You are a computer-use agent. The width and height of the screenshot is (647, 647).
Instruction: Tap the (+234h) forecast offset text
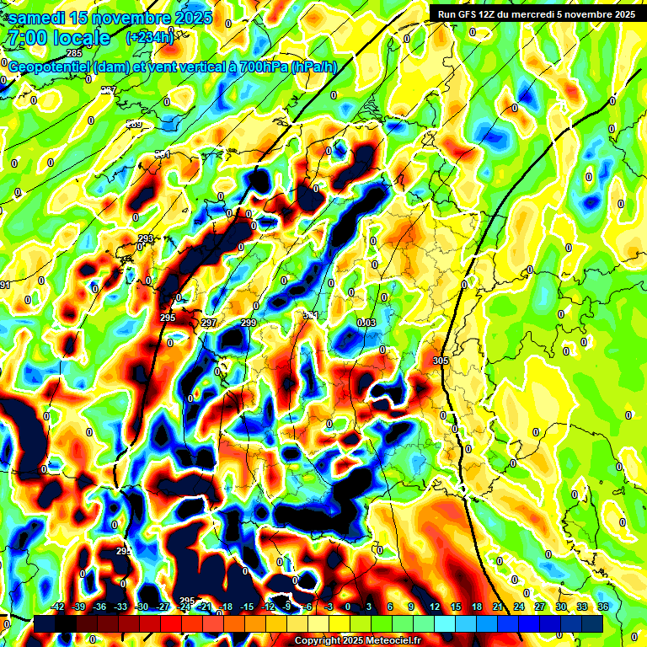149,37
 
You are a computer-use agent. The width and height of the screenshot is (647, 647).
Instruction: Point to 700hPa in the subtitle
259,67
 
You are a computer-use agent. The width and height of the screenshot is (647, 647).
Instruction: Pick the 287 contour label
109,90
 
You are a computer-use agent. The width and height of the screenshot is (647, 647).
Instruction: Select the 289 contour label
135,125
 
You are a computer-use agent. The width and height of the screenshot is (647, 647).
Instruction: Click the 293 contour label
146,238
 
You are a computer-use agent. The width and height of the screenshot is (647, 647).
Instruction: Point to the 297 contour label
210,323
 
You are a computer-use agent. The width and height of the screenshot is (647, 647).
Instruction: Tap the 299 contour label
249,323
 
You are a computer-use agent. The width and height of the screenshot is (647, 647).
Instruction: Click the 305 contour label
440,361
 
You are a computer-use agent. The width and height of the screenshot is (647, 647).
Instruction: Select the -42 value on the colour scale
57,607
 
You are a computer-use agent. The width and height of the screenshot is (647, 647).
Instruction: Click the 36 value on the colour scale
603,607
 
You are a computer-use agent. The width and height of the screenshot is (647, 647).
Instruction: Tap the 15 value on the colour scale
455,607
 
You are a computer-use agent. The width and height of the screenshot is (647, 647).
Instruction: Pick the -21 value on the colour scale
204,607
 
